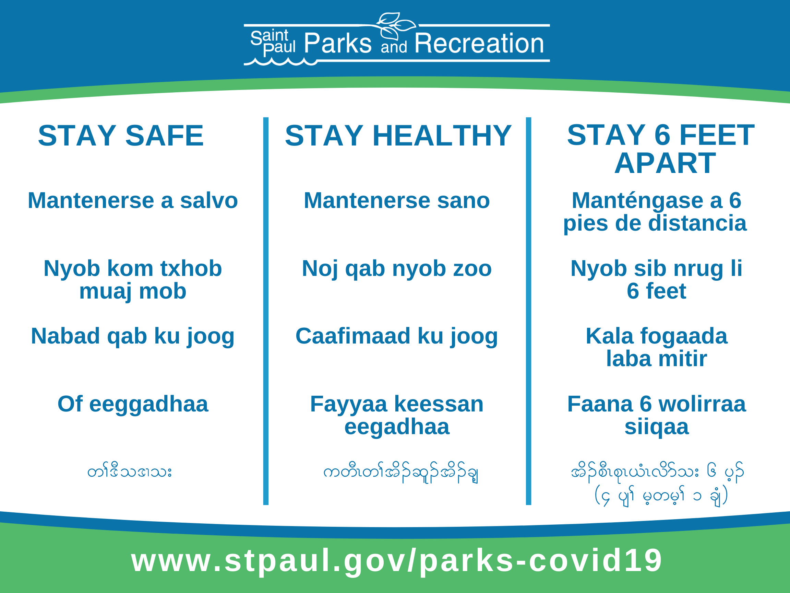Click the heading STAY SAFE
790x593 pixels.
121,136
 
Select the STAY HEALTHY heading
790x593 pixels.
398,136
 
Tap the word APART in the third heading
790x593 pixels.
665,163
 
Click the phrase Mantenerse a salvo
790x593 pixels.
133,200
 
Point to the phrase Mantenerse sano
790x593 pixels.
397,200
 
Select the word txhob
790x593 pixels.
191,268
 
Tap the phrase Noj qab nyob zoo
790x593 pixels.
397,269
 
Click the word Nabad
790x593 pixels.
65,336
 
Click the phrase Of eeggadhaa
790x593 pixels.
133,405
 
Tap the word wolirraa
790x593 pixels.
702,404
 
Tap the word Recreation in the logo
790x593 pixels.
479,43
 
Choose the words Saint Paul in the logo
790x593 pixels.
273,43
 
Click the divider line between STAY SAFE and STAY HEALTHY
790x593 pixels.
266,311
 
